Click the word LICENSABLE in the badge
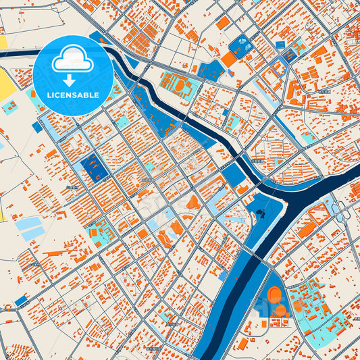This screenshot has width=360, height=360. [72, 95]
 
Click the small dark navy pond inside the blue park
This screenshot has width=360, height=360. [260, 215]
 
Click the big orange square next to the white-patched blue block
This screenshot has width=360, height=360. [229, 59]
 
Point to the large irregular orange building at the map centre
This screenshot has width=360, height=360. [193, 202]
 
